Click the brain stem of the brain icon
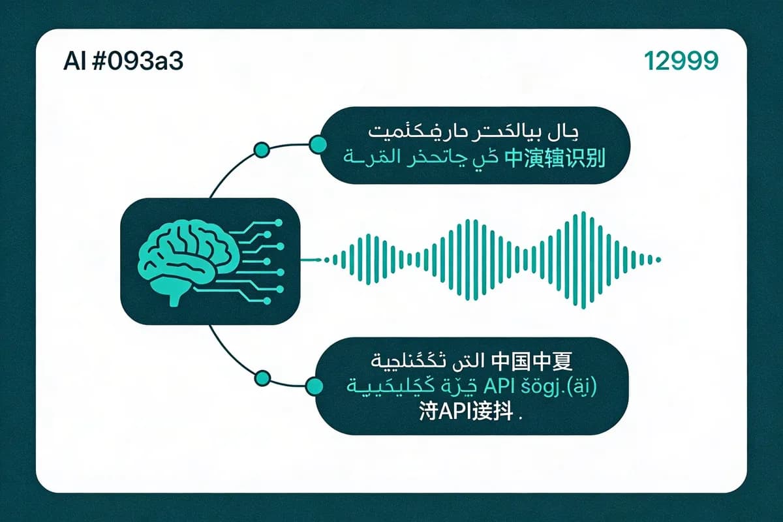click(175, 299)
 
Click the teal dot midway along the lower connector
click(262, 378)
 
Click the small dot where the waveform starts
click(318, 260)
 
